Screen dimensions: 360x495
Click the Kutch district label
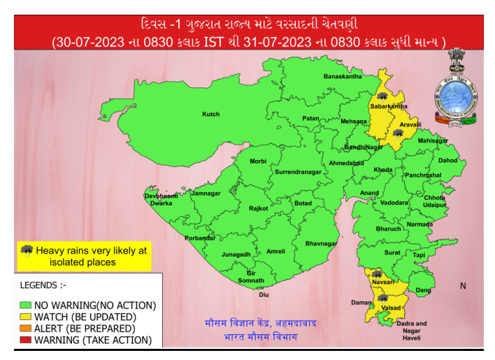tap(210, 114)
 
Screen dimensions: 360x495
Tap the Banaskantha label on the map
tap(342, 76)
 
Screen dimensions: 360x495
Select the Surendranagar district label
tap(298, 171)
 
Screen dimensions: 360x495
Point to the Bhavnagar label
tap(322, 243)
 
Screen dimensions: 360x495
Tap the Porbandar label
tap(200, 238)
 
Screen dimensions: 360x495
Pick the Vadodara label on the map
tap(395, 203)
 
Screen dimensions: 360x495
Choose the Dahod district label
tap(447, 160)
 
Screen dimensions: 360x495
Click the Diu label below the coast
tap(264, 295)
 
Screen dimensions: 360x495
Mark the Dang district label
tap(424, 289)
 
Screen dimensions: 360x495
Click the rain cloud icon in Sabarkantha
tap(382, 96)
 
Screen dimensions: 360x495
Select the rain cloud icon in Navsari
tap(377, 274)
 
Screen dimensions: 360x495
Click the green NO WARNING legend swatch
tap(26, 305)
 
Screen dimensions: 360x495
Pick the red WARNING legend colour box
tap(26, 340)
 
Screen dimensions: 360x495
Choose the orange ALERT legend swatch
tap(26, 329)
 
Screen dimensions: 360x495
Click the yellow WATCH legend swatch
tap(26, 317)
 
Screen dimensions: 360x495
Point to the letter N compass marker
tap(463, 286)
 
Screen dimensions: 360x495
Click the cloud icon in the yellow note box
tap(27, 250)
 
